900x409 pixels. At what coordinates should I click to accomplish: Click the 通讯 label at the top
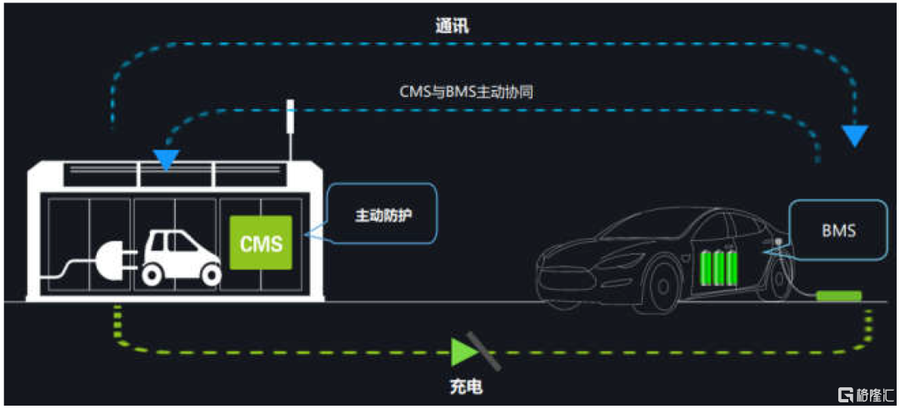coord(451,27)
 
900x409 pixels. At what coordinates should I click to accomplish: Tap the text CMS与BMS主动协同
coord(467,92)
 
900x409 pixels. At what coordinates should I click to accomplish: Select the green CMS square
coord(261,242)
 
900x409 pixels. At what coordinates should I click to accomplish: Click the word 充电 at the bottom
coord(466,387)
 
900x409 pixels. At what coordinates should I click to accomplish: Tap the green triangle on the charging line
coord(462,352)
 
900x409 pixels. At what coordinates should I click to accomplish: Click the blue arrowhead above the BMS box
coord(854,136)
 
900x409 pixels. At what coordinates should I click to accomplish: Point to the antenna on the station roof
coord(290,130)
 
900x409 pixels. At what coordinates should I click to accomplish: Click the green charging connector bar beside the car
coord(838,296)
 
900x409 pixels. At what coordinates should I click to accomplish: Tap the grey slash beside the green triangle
coord(484,350)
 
